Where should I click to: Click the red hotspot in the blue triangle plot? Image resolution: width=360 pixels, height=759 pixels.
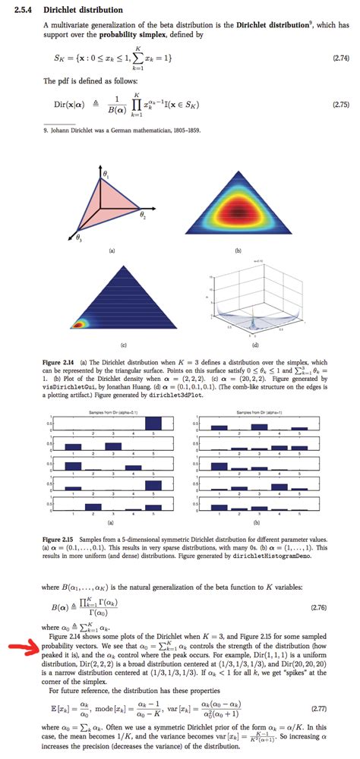pos(78,324)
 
